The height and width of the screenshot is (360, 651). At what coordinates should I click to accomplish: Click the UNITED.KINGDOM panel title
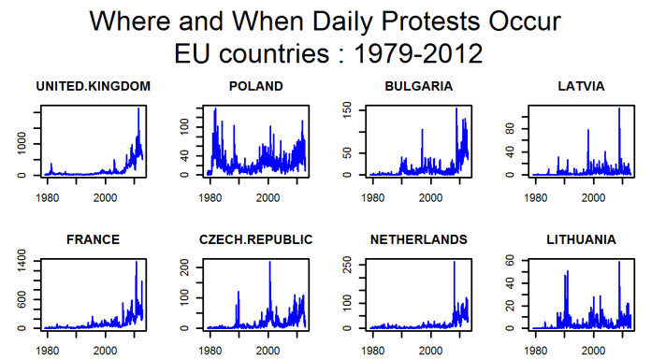[x=93, y=86]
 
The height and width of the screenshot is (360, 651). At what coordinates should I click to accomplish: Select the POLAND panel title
[x=255, y=86]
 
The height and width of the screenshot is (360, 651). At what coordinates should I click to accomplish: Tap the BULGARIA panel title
[x=418, y=86]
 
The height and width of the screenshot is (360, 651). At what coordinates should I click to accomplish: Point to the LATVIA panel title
[x=581, y=86]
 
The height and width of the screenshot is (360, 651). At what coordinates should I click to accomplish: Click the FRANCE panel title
[x=93, y=239]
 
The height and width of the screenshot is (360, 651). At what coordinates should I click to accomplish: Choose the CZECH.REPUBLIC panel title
[x=255, y=239]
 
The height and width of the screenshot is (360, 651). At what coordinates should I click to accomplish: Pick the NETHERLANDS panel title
[x=418, y=239]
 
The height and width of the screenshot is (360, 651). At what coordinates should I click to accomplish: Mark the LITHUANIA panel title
[x=581, y=239]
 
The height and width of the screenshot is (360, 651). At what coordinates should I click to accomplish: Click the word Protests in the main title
[x=429, y=21]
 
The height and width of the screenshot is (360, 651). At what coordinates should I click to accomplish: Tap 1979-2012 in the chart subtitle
[x=418, y=53]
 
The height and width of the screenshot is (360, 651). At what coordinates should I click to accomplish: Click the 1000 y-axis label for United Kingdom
[x=22, y=143]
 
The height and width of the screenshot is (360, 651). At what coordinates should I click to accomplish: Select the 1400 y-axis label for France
[x=22, y=261]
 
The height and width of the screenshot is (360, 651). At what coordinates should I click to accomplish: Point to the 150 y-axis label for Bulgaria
[x=347, y=110]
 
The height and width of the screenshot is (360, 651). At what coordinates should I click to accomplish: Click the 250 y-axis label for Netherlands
[x=347, y=265]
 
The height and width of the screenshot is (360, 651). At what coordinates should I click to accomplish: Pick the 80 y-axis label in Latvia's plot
[x=510, y=129]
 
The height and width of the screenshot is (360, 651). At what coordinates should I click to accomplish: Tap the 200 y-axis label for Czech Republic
[x=184, y=267]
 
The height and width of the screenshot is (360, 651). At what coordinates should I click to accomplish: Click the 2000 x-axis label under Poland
[x=268, y=197]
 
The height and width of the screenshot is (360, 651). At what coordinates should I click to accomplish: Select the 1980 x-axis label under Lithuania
[x=536, y=352]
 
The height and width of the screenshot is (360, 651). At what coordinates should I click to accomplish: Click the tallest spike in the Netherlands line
[x=455, y=262]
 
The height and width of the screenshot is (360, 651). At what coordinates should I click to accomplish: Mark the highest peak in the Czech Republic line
[x=270, y=262]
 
